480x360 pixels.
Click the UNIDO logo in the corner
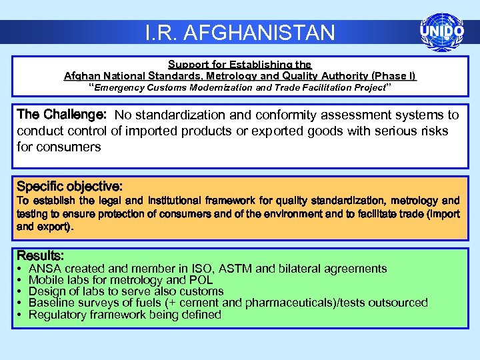click(x=441, y=31)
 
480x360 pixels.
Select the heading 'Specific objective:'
click(x=69, y=186)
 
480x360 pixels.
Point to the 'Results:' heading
click(x=40, y=255)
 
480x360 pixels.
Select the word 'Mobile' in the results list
click(x=47, y=280)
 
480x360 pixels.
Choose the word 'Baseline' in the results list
click(x=51, y=303)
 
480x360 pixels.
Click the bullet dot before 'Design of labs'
click(x=20, y=291)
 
